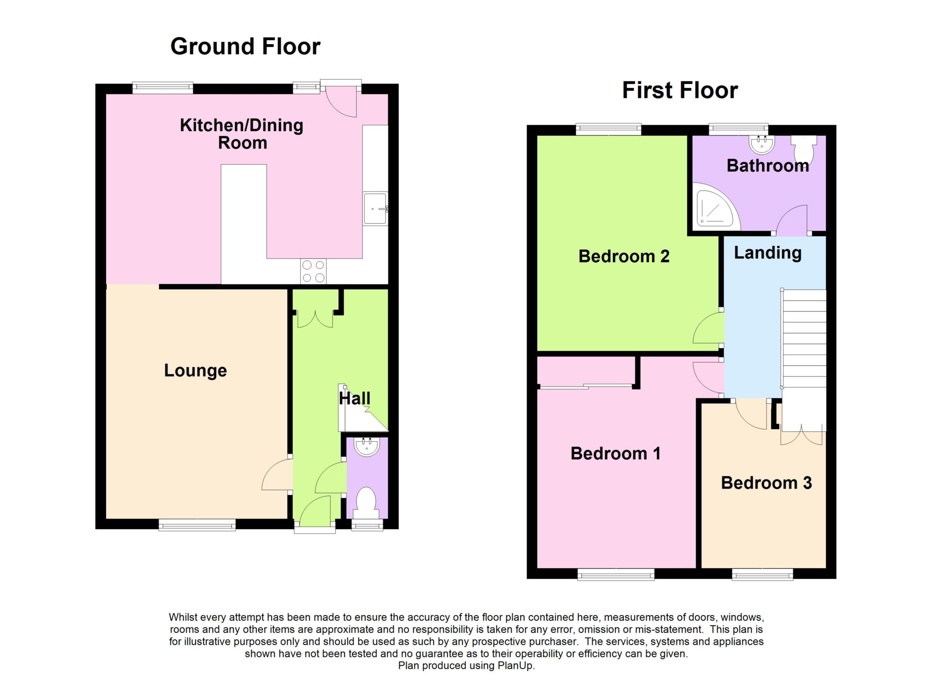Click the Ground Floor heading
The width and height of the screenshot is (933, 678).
coord(245,46)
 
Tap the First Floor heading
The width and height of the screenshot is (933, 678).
coord(680,90)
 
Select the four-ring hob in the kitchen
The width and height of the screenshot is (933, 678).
coord(313,271)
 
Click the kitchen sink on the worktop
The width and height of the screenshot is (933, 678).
coord(375,209)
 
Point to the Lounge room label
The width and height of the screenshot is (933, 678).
coord(195,370)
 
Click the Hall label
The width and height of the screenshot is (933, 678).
coord(354,398)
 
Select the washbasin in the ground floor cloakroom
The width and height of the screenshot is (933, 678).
coord(367,446)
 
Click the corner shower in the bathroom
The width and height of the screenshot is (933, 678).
coord(713,207)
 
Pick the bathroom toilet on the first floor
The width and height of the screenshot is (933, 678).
coord(804,145)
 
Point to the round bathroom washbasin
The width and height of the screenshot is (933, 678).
coord(762,145)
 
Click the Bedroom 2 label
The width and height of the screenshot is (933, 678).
coord(624,256)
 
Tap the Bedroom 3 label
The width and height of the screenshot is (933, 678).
coord(766,483)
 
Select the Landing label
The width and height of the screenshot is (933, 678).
coord(768,253)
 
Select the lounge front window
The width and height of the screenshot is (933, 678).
coord(197,526)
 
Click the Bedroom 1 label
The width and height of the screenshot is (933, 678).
coord(615,454)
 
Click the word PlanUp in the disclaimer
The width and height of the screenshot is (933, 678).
coord(515,666)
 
